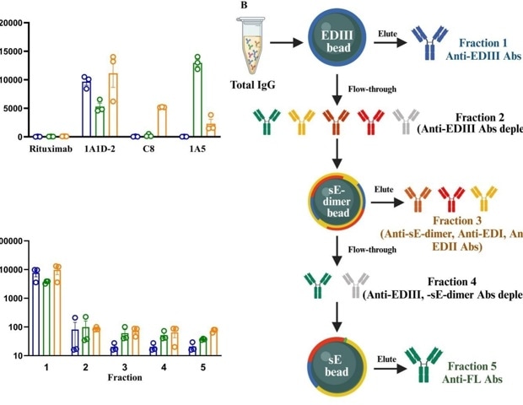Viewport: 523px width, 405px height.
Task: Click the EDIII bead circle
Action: tap(337, 39)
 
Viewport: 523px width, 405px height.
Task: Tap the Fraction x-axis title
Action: tap(123, 378)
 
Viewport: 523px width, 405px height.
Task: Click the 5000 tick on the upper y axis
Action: tap(13, 108)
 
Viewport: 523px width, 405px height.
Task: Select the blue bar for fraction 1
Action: tap(36, 313)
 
